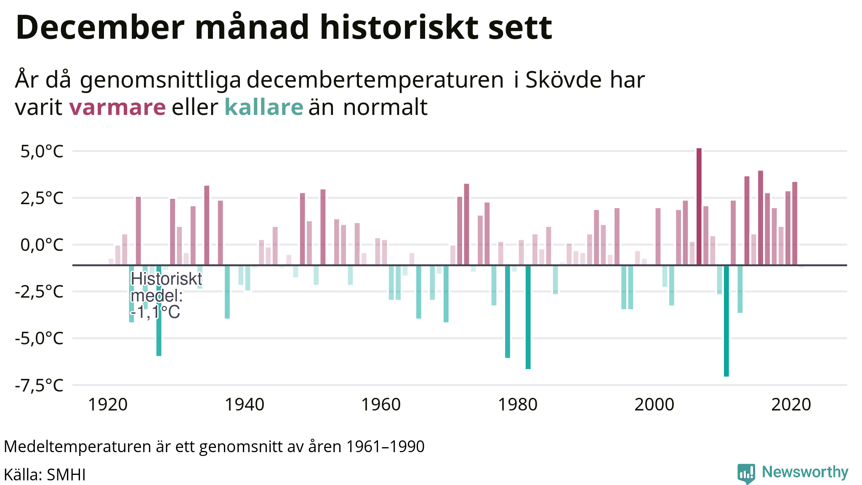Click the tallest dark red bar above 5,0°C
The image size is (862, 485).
click(699, 206)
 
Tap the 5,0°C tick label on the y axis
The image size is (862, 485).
click(42, 152)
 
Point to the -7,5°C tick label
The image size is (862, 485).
click(39, 385)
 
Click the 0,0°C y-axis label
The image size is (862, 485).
click(42, 245)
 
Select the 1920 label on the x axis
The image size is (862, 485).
click(107, 405)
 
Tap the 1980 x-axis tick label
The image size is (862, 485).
click(517, 405)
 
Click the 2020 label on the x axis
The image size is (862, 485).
click(790, 405)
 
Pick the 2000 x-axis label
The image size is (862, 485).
click(654, 405)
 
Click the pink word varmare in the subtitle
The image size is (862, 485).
click(117, 107)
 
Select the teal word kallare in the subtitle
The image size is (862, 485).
click(263, 107)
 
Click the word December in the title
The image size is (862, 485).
click(100, 28)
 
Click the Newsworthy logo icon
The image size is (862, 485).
click(746, 474)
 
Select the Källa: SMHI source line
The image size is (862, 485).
click(45, 475)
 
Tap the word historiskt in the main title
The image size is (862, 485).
click(399, 28)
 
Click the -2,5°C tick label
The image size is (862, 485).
click(39, 292)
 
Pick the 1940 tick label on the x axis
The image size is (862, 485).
click(244, 405)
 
